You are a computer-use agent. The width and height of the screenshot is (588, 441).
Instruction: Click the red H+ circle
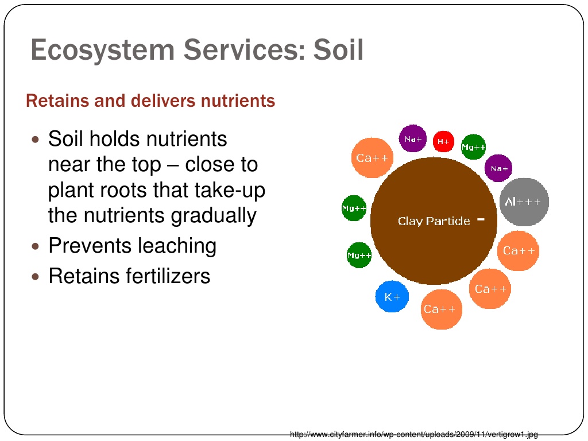tap(443, 141)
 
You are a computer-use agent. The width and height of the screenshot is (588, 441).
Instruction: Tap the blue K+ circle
tap(392, 297)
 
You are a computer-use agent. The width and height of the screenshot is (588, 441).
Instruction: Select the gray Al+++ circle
tap(524, 202)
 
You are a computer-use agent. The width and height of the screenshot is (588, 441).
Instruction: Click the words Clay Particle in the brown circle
tap(434, 221)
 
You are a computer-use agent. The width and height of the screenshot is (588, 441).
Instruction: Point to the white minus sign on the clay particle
tap(481, 219)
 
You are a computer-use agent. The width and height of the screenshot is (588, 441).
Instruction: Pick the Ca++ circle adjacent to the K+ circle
tap(442, 310)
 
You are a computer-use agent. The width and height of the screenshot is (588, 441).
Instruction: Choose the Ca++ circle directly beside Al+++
tap(519, 250)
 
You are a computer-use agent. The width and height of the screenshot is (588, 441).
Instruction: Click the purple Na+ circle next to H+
tap(413, 138)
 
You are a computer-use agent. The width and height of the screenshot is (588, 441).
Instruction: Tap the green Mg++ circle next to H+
tap(473, 147)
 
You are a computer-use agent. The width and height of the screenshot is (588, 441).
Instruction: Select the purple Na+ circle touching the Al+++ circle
tap(498, 168)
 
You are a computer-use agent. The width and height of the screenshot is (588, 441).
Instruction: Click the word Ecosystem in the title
tap(102, 50)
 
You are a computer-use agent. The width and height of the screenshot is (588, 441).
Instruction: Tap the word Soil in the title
tap(338, 49)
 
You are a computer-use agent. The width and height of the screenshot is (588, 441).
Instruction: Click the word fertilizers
tap(168, 276)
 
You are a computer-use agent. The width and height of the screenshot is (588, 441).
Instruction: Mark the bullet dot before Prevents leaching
tap(36, 246)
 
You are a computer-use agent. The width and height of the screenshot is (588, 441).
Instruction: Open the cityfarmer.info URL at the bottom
tap(413, 435)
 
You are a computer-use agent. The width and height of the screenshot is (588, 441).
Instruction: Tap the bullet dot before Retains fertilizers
tap(36, 277)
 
